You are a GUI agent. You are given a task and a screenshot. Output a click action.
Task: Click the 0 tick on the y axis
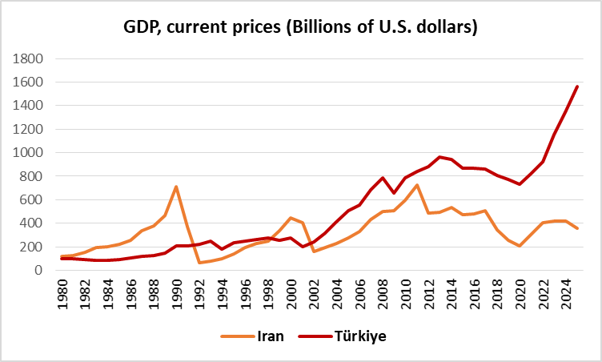38,270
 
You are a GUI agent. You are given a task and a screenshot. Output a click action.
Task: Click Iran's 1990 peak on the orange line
176,187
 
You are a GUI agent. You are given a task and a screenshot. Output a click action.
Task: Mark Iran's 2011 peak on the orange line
416,185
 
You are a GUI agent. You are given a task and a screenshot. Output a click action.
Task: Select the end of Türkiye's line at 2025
577,86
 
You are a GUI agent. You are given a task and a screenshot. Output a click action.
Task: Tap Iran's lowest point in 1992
199,263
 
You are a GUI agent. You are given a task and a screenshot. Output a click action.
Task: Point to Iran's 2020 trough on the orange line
520,246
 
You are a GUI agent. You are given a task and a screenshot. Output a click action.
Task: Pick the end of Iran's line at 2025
577,229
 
